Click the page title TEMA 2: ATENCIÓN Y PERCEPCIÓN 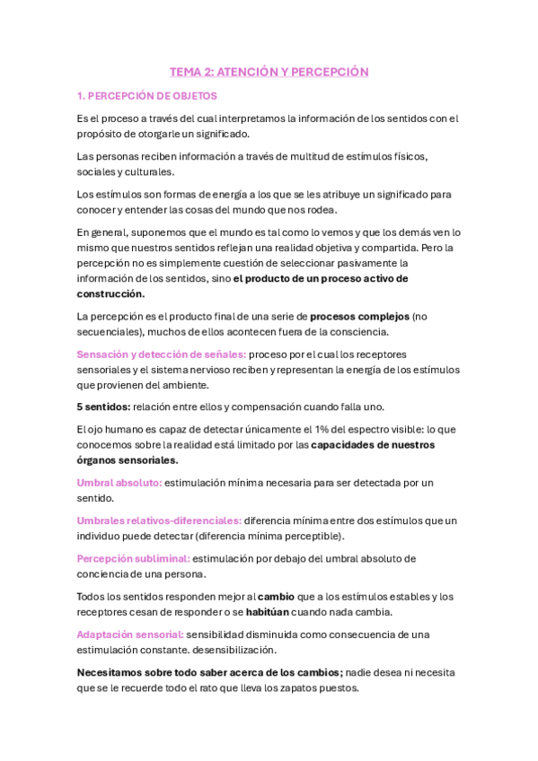point(269,72)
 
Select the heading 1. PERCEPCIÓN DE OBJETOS point(147,96)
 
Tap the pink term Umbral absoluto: point(119,483)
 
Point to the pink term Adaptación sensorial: point(130,634)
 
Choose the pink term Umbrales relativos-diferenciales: point(159,520)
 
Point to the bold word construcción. point(111,293)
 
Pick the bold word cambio point(276,596)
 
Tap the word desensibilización point(251,650)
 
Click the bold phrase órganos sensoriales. point(128,460)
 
